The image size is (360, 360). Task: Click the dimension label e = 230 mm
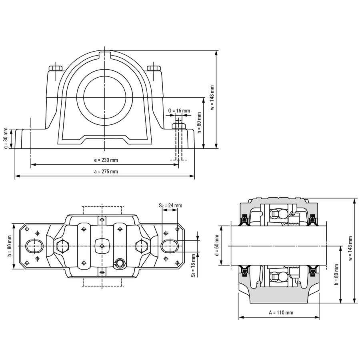pyautogui.click(x=106, y=160)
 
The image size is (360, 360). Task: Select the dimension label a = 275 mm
pyautogui.click(x=106, y=172)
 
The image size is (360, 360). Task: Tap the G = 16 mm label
pyautogui.click(x=179, y=111)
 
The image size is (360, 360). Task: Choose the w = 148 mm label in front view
pyautogui.click(x=212, y=98)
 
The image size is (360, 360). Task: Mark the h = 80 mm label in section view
pyautogui.click(x=337, y=274)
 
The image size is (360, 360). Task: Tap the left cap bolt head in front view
pyautogui.click(x=55, y=68)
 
